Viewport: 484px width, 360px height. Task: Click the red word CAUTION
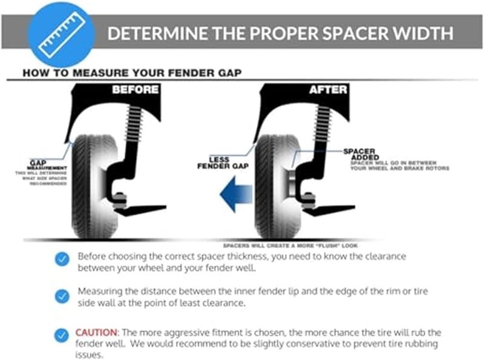[x=97, y=332]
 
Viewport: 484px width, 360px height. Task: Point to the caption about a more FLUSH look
[x=290, y=246]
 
